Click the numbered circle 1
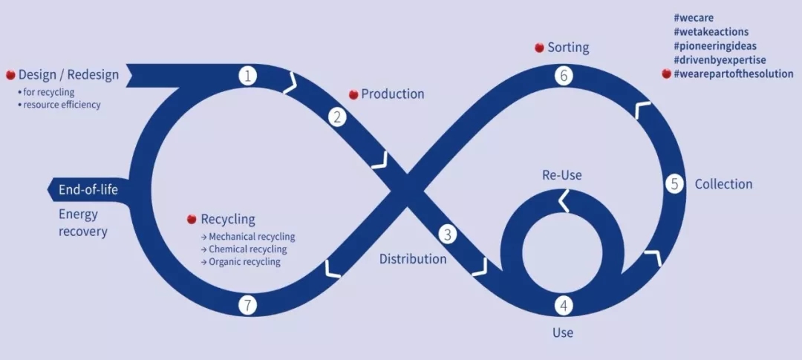coord(248,76)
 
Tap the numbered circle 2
coord(338,117)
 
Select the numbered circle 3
coord(447,235)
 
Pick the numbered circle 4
coord(564,305)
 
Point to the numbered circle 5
coord(674,184)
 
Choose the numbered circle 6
coord(564,76)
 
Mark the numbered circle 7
coord(248,305)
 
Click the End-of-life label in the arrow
coord(88,190)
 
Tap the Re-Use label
coord(561,175)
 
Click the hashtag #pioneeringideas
coord(715,46)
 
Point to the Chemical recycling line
coord(247,249)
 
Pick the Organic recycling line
coord(244,262)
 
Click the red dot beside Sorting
coord(539,48)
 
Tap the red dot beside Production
coord(353,95)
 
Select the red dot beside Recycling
coord(192,220)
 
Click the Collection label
coord(723,184)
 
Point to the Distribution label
coord(413,259)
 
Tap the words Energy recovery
coord(83,223)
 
